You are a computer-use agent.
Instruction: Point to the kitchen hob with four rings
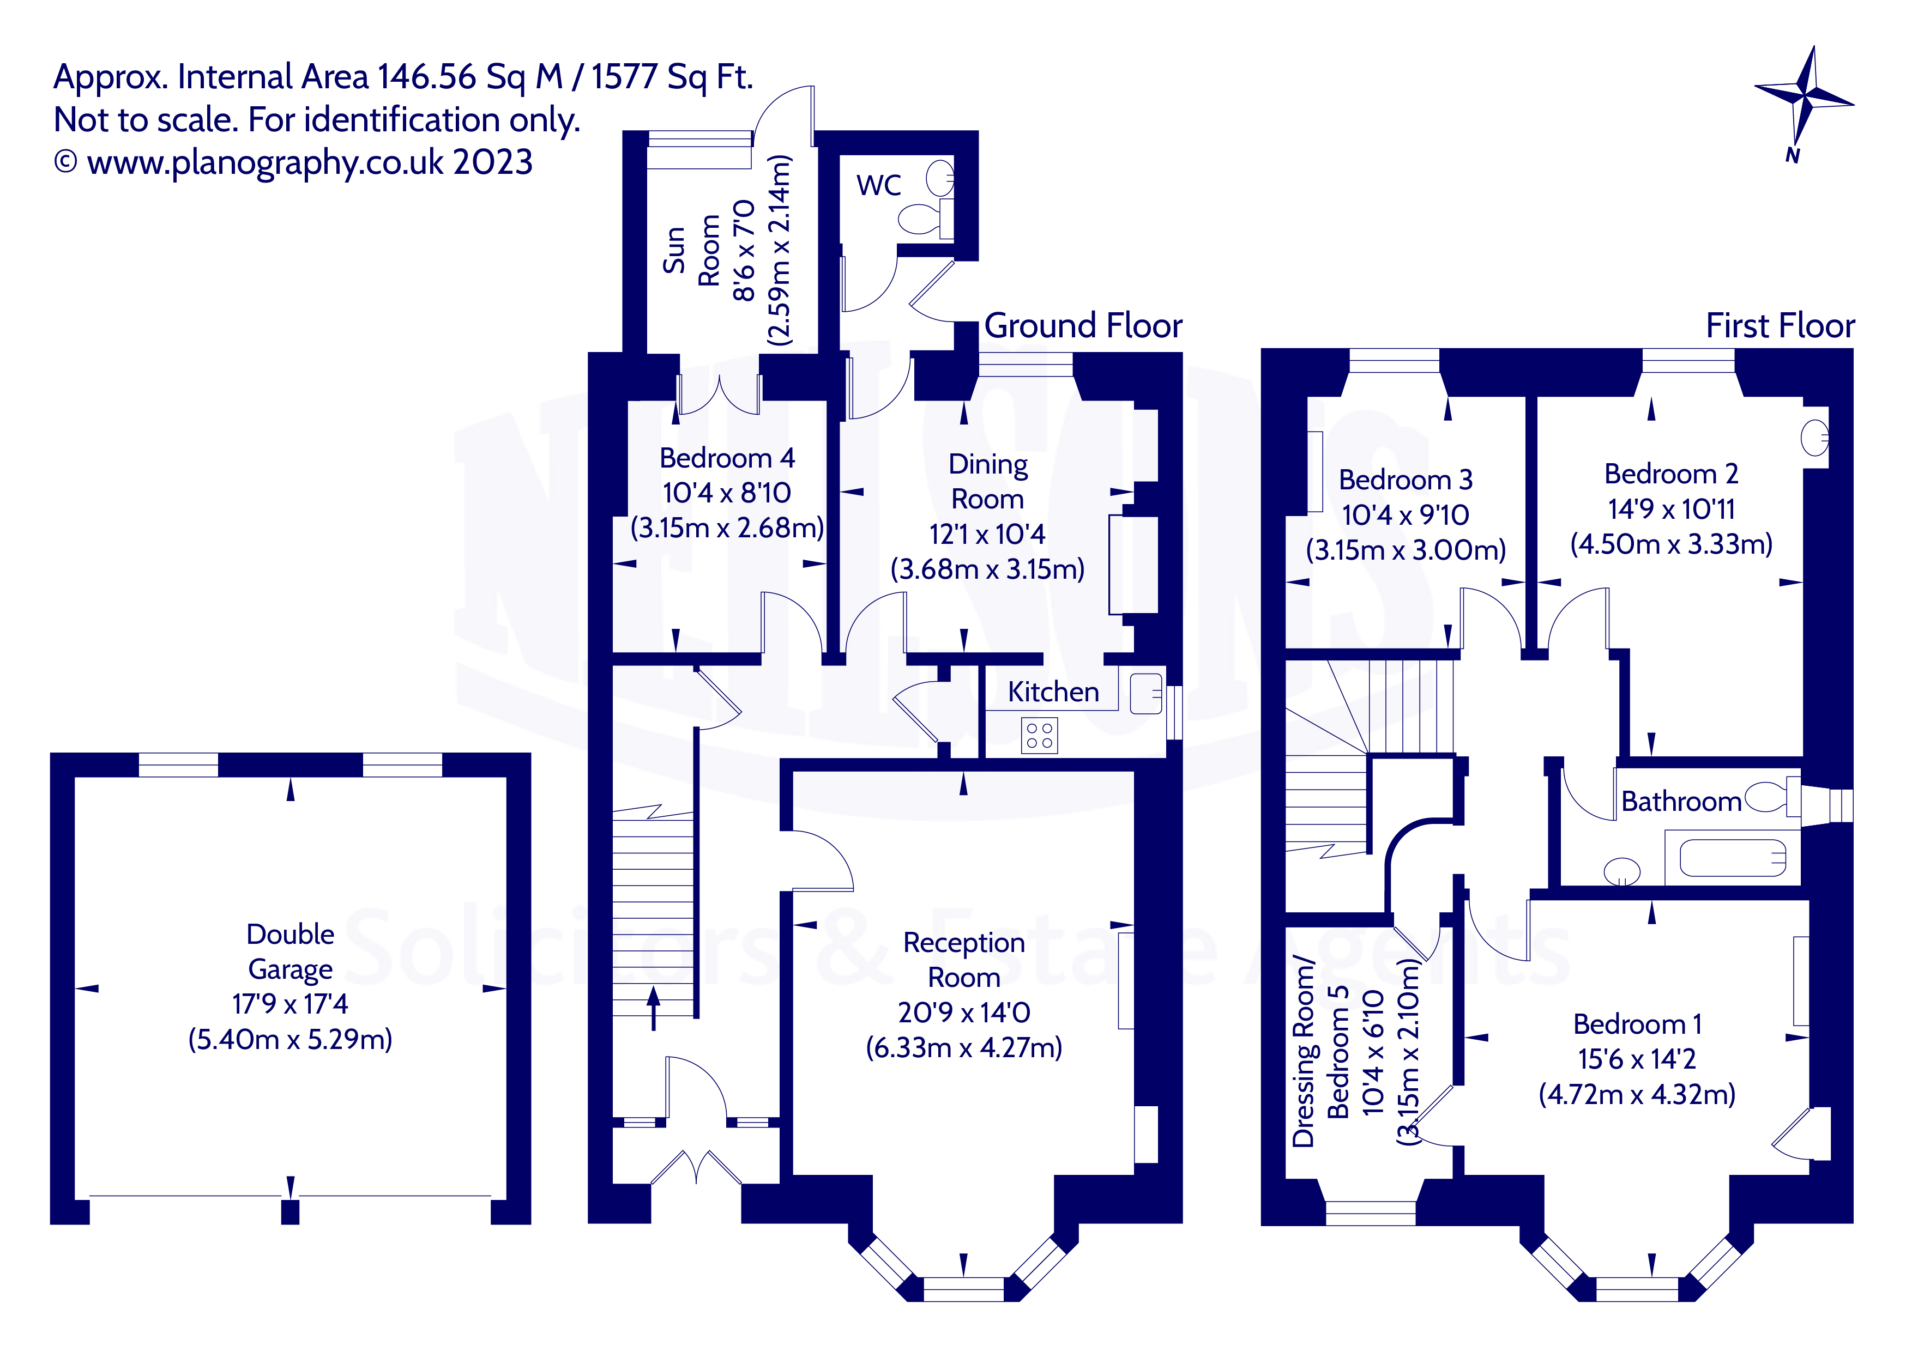pos(1039,736)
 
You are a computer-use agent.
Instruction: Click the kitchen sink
pos(1146,693)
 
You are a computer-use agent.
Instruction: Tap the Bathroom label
pos(1680,801)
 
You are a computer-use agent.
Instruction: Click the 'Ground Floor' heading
pos(1083,325)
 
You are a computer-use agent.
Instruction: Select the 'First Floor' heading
pos(1780,325)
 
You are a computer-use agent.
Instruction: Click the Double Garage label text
pos(290,951)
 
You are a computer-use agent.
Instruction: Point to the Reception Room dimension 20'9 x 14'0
pos(963,1013)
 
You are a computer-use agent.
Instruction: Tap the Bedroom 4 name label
pos(726,458)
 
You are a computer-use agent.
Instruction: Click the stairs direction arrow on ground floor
pos(654,1008)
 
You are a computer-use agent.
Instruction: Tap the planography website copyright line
pos(293,162)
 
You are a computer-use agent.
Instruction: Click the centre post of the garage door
pos(290,1211)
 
